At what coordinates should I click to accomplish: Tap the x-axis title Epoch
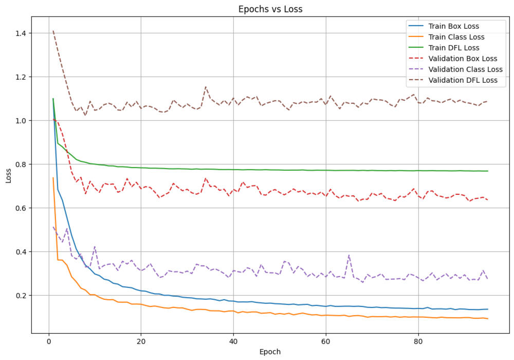(x=270, y=352)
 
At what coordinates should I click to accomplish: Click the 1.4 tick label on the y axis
(x=22, y=33)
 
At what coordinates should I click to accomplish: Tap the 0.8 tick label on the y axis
(x=22, y=165)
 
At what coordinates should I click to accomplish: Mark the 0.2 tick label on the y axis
(x=22, y=296)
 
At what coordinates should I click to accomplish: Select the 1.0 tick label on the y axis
(x=22, y=121)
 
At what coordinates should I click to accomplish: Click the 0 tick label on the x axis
(x=49, y=339)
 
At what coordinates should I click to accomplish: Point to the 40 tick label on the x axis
(x=233, y=339)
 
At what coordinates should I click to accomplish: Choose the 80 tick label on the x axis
(x=418, y=339)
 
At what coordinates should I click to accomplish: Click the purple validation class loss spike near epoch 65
(x=349, y=255)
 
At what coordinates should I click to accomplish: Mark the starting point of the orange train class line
(x=53, y=178)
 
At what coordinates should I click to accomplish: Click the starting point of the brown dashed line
(x=53, y=31)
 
